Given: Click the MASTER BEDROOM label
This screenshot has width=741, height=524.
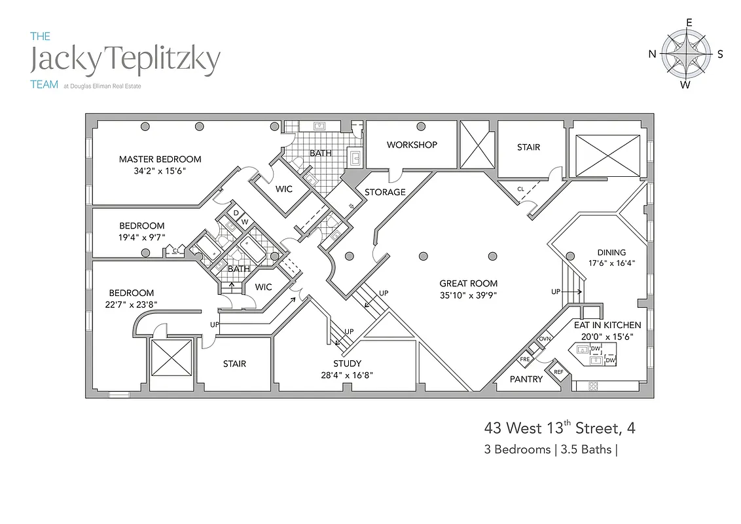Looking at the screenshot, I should tap(160, 159).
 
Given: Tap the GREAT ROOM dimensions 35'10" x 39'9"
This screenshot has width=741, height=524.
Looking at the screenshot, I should tap(468, 295).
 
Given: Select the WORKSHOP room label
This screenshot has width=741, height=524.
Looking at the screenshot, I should tap(412, 145).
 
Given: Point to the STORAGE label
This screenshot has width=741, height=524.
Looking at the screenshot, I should tap(385, 193).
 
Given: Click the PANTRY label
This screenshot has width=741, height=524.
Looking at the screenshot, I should tap(526, 379).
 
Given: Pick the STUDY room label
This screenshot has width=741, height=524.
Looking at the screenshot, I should tap(347, 364).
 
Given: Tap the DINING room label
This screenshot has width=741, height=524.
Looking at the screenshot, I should tap(611, 252).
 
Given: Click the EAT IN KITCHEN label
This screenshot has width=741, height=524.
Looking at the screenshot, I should tap(607, 325).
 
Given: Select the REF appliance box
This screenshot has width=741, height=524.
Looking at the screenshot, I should tap(558, 371).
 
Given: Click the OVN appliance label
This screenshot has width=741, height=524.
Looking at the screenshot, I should tap(545, 339).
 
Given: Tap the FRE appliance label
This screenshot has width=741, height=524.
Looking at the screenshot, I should tap(525, 360).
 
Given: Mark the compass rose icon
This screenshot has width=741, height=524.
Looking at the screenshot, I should tap(686, 53).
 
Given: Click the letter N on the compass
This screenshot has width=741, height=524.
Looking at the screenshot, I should tap(652, 54).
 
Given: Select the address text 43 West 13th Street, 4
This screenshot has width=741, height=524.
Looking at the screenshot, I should tap(560, 428).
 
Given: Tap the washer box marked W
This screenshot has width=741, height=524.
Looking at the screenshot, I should tap(245, 221).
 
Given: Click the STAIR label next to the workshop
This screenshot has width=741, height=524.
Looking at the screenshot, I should tap(528, 147).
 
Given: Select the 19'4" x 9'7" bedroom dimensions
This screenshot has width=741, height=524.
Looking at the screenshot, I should tap(142, 237).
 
